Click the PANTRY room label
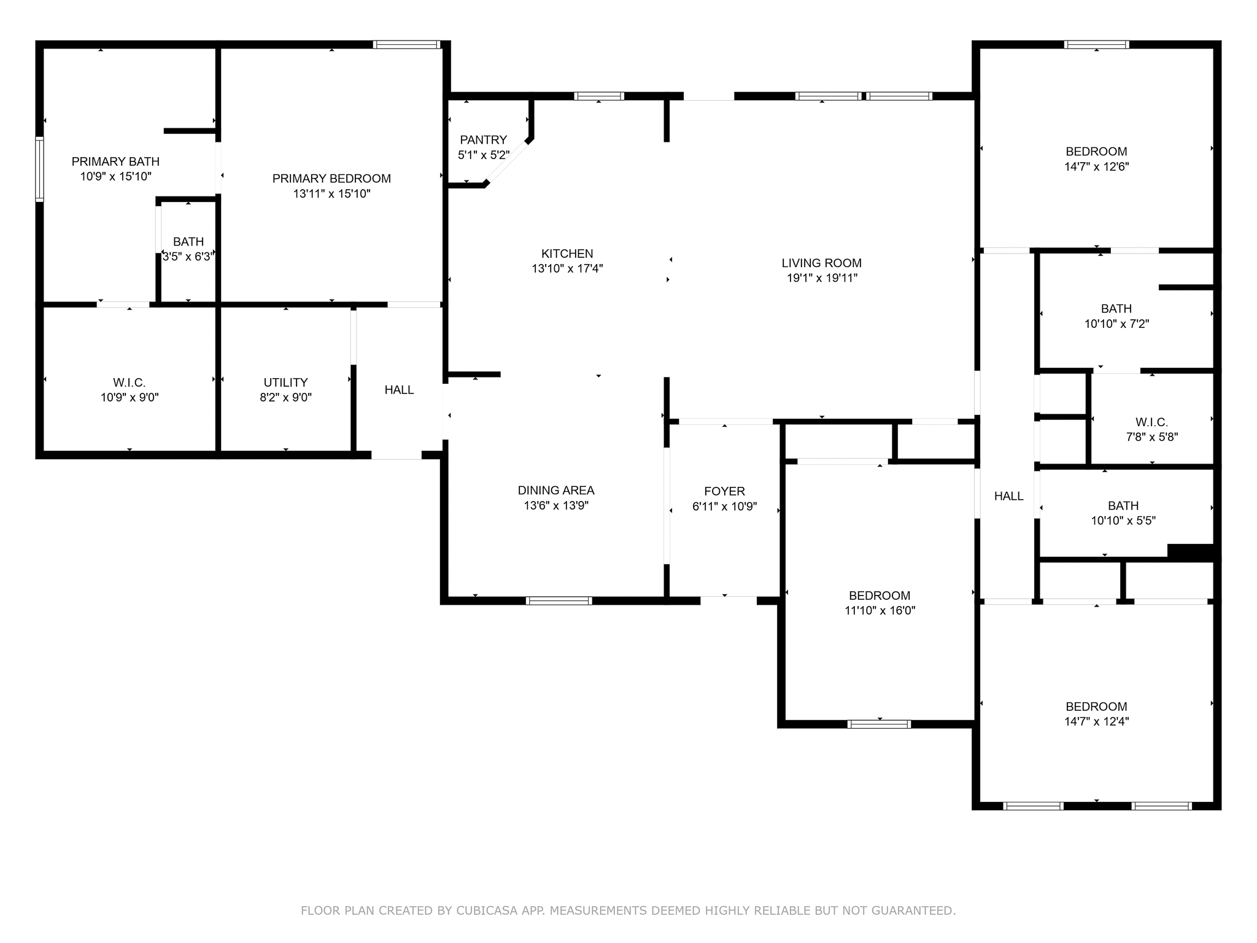pyautogui.click(x=483, y=140)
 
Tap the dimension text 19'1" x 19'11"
pyautogui.click(x=822, y=278)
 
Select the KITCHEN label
pyautogui.click(x=567, y=254)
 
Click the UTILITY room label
pyautogui.click(x=285, y=382)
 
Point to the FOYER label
pyautogui.click(x=724, y=491)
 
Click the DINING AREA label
pyautogui.click(x=555, y=491)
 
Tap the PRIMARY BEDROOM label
pyautogui.click(x=331, y=179)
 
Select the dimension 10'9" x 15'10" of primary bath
pyautogui.click(x=115, y=177)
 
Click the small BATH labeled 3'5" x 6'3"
pyautogui.click(x=188, y=242)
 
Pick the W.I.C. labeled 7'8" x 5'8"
pyautogui.click(x=1151, y=422)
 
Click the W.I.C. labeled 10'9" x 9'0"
pyautogui.click(x=130, y=382)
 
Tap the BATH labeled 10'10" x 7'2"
pyautogui.click(x=1116, y=309)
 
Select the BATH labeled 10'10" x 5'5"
pyautogui.click(x=1123, y=506)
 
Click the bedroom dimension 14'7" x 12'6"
pyautogui.click(x=1096, y=166)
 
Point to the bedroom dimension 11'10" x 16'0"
pyautogui.click(x=880, y=611)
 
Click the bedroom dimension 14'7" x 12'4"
pyautogui.click(x=1096, y=722)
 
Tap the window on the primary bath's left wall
pyautogui.click(x=40, y=169)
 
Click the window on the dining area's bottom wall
pyautogui.click(x=559, y=601)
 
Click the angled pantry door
pyautogui.click(x=508, y=162)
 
